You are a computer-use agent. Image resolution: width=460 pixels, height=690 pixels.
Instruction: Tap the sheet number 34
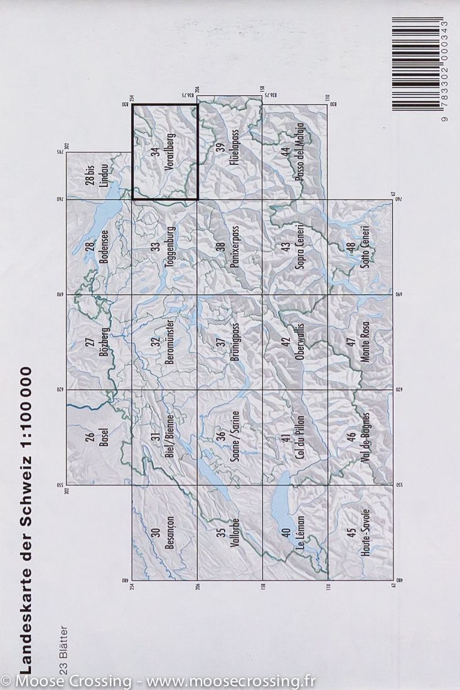(x=155, y=152)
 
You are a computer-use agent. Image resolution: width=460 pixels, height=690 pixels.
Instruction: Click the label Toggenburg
(x=169, y=247)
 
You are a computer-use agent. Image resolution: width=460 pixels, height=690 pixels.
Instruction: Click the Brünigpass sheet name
(x=234, y=342)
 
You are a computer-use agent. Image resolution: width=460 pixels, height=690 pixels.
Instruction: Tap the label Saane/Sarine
(x=234, y=437)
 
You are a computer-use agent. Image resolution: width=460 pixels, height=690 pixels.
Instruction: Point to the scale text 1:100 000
(x=26, y=427)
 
